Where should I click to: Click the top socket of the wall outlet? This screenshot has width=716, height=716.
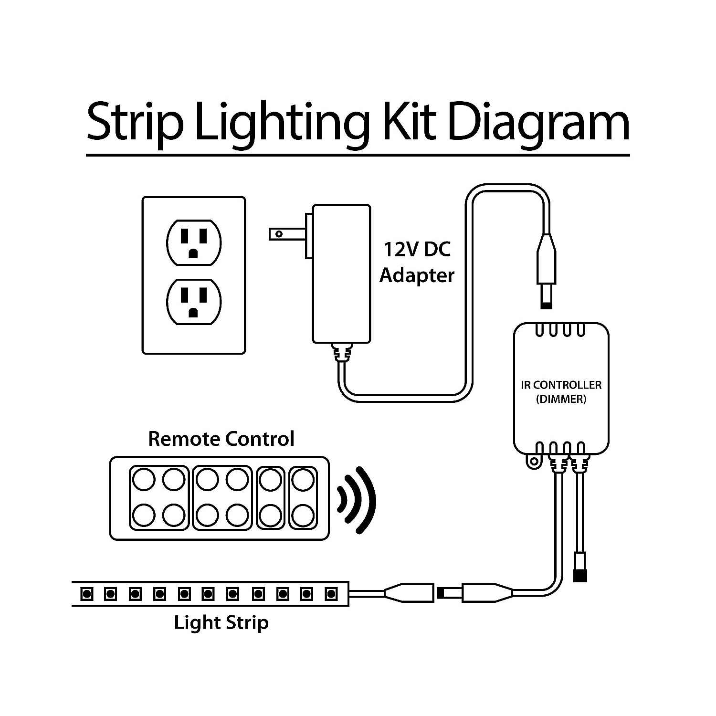pos(193,242)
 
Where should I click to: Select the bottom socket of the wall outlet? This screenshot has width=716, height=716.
pos(193,302)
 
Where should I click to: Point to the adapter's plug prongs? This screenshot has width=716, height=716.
pos(286,234)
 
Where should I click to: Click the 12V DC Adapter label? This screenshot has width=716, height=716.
pos(417,263)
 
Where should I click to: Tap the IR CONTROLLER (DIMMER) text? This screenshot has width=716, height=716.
pos(561,392)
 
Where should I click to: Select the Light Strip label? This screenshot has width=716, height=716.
pos(221,623)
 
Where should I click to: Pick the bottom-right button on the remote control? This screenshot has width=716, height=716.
pos(302,516)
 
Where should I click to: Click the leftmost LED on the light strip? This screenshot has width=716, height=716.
pos(87,594)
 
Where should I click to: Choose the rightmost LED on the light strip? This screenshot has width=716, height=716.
pos(330,594)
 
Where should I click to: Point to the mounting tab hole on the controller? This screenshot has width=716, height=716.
pos(533,461)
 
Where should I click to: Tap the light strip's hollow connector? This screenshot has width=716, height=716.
pos(409,593)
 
